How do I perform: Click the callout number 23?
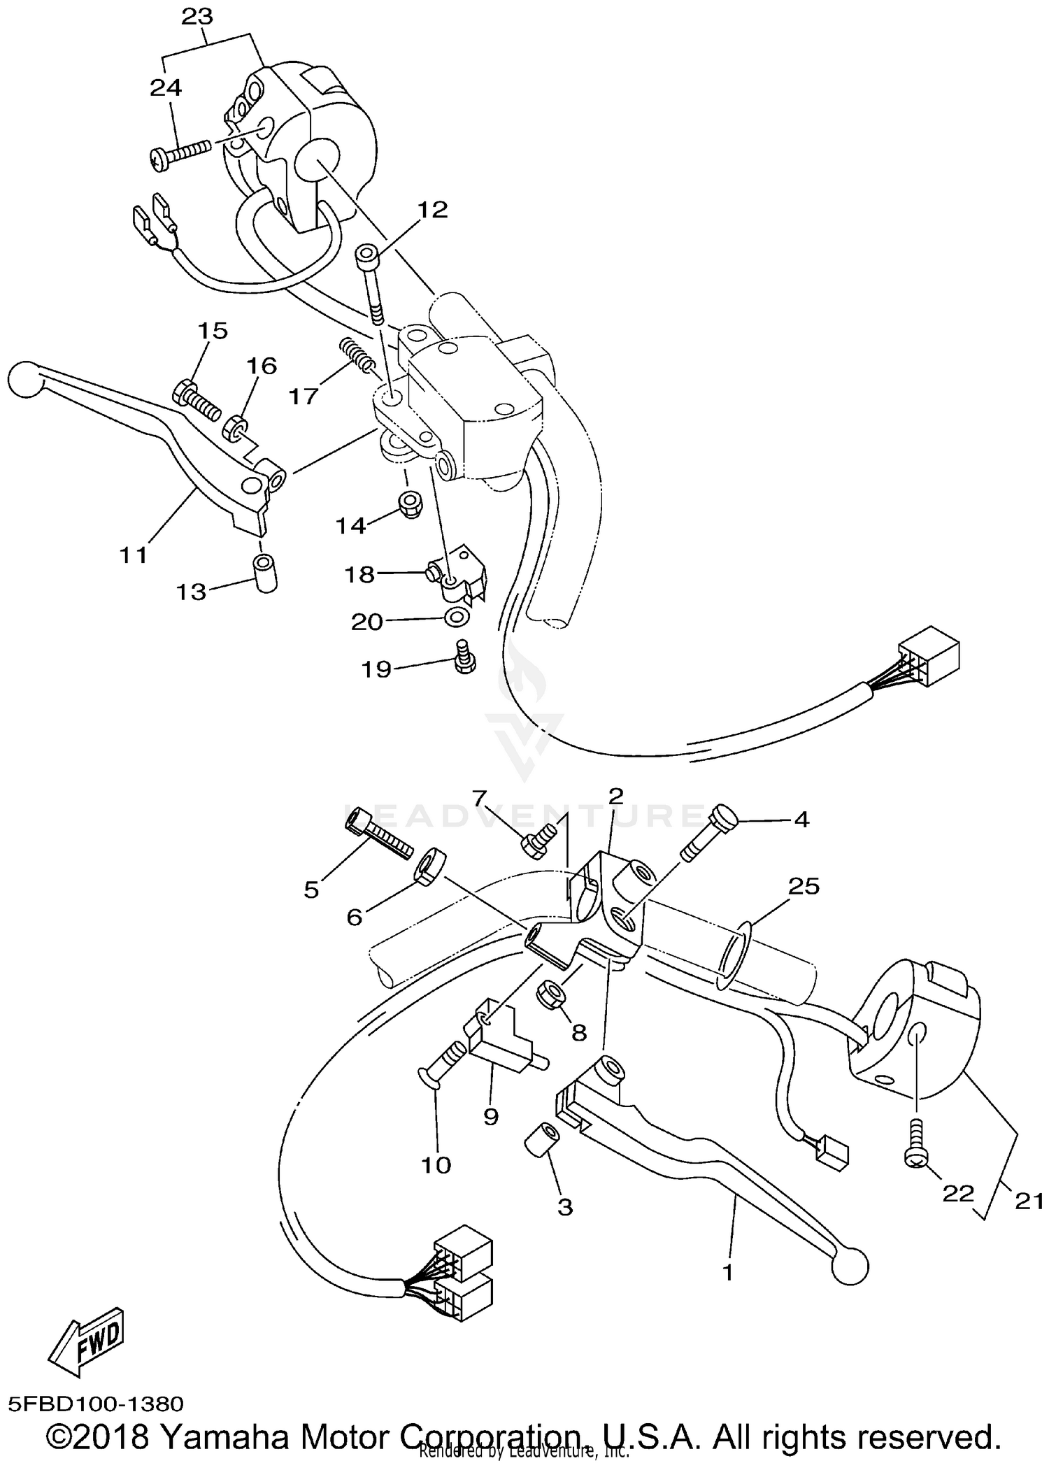coord(197,17)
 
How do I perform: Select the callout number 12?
coord(432,209)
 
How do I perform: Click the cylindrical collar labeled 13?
coord(264,573)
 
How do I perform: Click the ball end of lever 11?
coord(24,380)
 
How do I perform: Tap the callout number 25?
coord(804,886)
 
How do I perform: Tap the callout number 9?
coord(490,1117)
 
